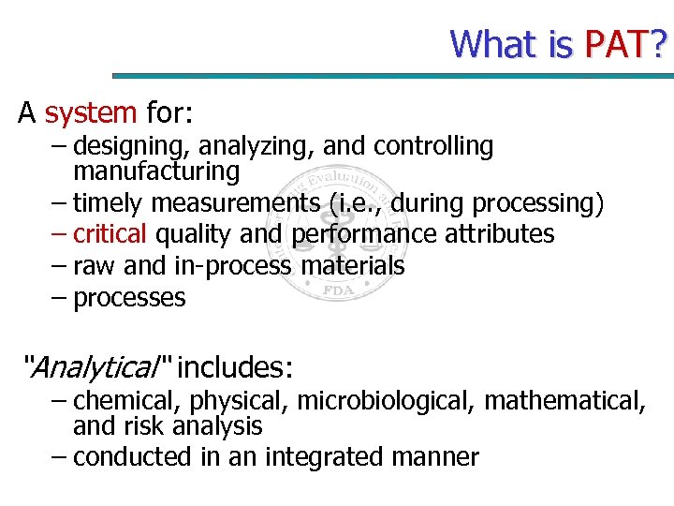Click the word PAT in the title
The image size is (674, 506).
(616, 43)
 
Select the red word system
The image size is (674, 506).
(91, 113)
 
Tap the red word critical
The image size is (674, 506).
(110, 233)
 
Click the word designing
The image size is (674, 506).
(125, 146)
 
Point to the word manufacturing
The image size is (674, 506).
(156, 171)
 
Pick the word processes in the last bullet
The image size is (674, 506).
(129, 299)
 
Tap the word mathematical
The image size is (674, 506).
(564, 401)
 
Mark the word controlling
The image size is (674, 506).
(432, 146)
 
